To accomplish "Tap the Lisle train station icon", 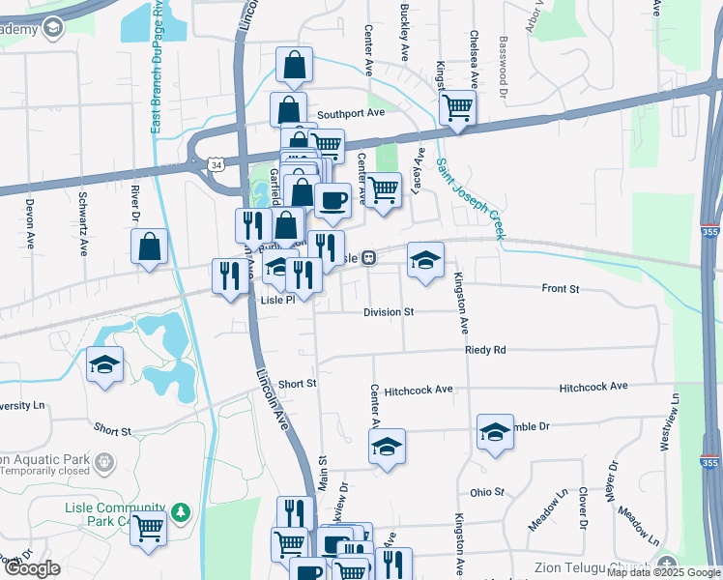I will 369,258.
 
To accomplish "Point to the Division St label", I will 388,312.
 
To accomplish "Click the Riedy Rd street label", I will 484,350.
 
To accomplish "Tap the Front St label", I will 560,289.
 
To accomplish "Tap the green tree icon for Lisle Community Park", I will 180,510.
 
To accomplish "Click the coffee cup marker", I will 333,201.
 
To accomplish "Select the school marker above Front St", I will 425,259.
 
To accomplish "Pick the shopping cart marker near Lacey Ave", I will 383,188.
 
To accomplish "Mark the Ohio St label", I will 487,492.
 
